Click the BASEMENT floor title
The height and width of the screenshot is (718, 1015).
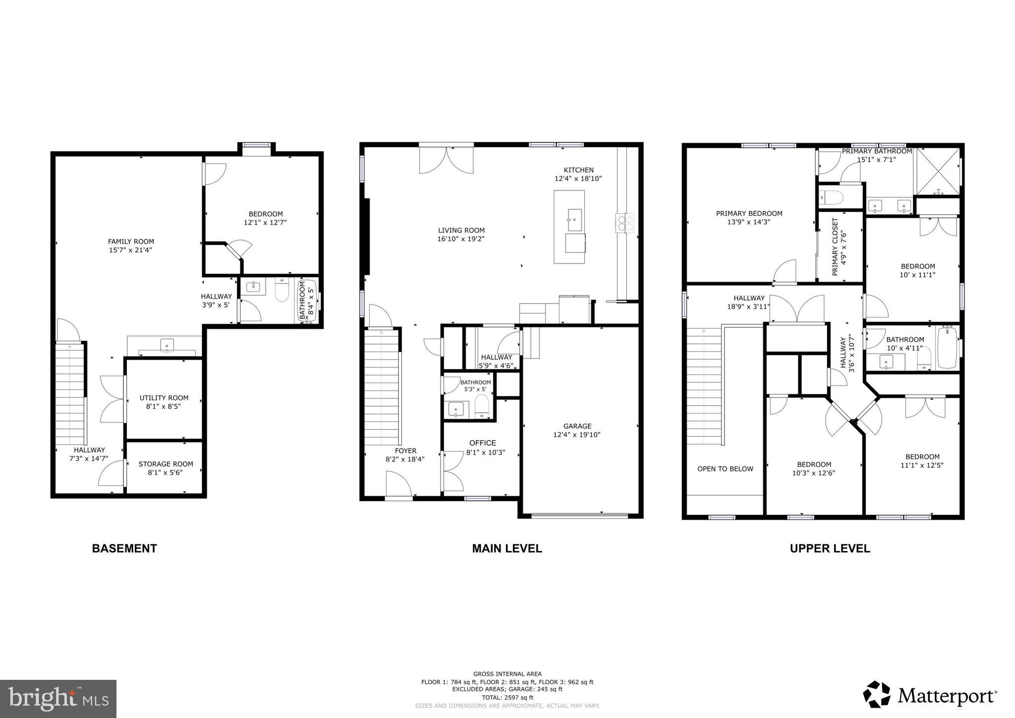point(124,548)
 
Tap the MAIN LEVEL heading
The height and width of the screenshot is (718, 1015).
point(507,548)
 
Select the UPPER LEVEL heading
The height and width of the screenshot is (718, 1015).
point(830,548)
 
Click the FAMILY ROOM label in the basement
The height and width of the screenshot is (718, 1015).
point(131,242)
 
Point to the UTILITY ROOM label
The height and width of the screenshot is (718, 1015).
point(164,398)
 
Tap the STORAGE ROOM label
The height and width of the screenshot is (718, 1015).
point(166,464)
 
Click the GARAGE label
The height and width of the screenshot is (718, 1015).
point(577,426)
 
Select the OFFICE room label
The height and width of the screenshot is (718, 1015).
point(482,443)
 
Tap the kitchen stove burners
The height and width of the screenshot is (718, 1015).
point(625,223)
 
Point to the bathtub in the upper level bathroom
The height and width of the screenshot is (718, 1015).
point(947,347)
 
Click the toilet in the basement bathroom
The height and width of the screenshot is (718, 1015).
point(282,291)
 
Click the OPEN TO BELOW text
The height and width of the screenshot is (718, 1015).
point(725,469)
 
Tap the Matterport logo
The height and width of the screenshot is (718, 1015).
point(930,696)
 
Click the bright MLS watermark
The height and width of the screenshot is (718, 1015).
point(58,699)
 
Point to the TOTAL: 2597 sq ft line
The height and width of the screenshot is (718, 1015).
point(507,697)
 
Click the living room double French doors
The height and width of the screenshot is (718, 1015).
point(446,160)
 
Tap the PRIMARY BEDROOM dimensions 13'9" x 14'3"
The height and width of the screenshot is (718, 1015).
point(749,222)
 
